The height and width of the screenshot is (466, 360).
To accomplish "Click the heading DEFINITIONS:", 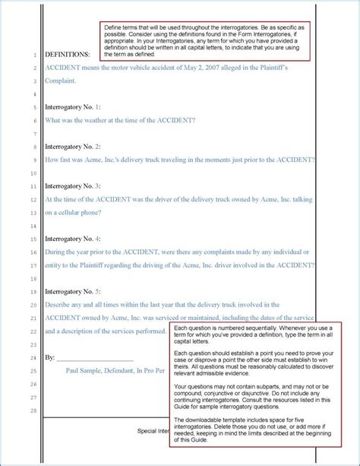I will tap(67, 55).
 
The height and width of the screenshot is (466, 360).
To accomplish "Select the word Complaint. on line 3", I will tap(62, 81).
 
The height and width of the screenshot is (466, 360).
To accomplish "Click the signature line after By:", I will tap(95, 357).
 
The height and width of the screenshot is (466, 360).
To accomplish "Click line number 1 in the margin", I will tap(35, 55).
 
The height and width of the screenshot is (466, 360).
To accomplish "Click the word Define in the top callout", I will tap(114, 27).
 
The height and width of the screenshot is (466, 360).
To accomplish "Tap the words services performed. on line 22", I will tap(144, 331).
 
